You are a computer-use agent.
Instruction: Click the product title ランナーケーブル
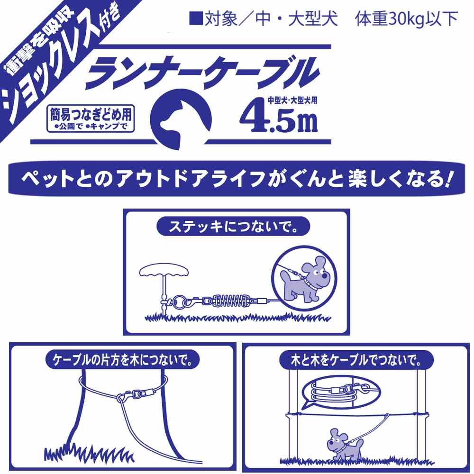(x=202, y=73)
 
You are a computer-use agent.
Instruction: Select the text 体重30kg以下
(x=406, y=19)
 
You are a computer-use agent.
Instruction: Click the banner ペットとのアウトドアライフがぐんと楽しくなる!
(x=237, y=179)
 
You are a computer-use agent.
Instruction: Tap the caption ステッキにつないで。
(x=233, y=227)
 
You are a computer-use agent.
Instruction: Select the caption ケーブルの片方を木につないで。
(x=122, y=360)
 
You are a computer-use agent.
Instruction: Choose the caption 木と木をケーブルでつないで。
(x=356, y=360)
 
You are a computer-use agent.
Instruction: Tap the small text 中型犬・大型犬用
(x=292, y=100)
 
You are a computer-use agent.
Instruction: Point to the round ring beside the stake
(x=179, y=301)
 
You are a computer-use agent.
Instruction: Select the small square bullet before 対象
(x=196, y=18)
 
